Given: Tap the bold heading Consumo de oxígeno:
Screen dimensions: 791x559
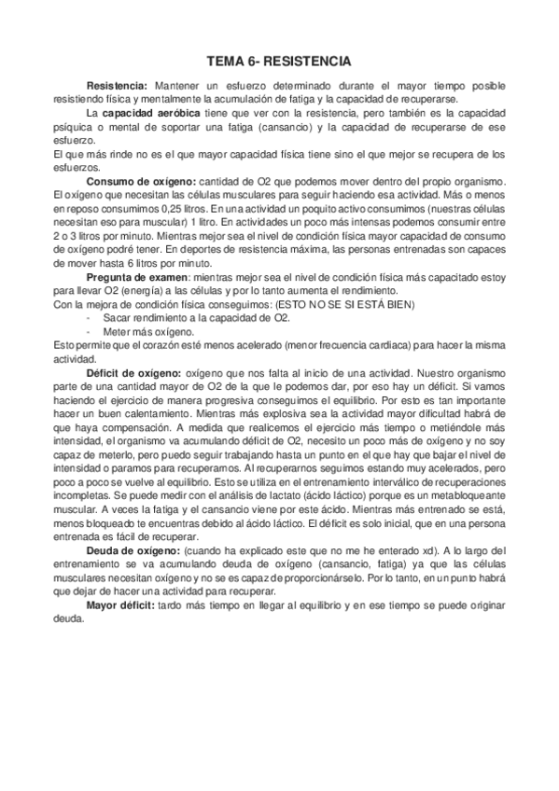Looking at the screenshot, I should point(141,180).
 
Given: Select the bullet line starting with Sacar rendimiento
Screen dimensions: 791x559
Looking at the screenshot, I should point(185,319).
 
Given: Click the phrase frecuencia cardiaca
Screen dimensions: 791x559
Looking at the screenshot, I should point(341,346).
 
